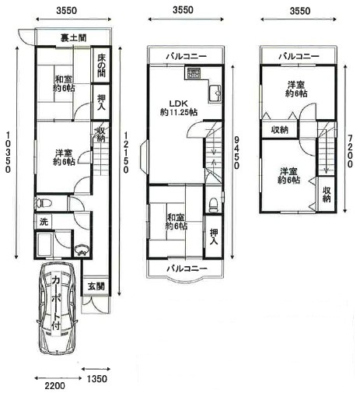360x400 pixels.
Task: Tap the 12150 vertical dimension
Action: (x=126, y=163)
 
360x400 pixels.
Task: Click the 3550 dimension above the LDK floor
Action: (x=184, y=12)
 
